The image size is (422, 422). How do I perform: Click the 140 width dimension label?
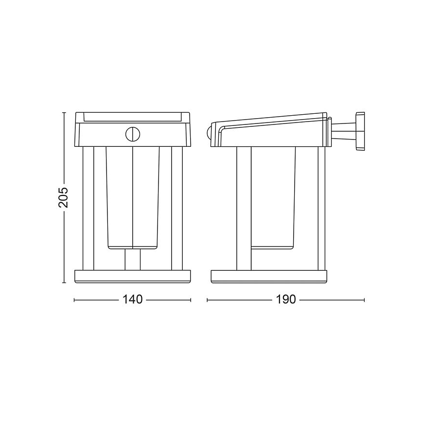pyautogui.click(x=132, y=299)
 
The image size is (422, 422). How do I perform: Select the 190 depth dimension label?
pyautogui.click(x=286, y=299)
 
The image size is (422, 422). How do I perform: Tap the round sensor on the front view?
pyautogui.click(x=132, y=134)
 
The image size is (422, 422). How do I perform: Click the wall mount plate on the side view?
pyautogui.click(x=360, y=131)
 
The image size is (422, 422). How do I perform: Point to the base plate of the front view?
pyautogui.click(x=132, y=276)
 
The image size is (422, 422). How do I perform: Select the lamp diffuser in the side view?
pyautogui.click(x=273, y=194)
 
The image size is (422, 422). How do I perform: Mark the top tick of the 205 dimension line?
pyautogui.click(x=64, y=112)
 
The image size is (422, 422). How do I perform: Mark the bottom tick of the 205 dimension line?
pyautogui.click(x=64, y=282)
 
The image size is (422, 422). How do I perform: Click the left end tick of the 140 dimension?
pyautogui.click(x=74, y=300)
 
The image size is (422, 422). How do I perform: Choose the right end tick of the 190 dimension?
pyautogui.click(x=364, y=300)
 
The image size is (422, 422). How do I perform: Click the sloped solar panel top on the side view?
pyautogui.click(x=272, y=119)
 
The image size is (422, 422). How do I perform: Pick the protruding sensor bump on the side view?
pyautogui.click(x=209, y=132)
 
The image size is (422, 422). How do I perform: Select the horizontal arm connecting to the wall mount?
pyautogui.click(x=344, y=130)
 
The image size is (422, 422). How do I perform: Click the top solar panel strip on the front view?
pyautogui.click(x=132, y=117)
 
